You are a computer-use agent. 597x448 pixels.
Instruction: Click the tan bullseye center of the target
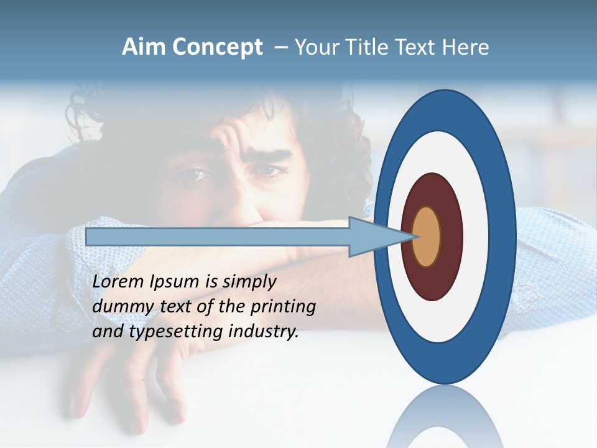[x=427, y=236]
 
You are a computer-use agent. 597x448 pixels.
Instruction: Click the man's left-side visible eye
[x=193, y=175]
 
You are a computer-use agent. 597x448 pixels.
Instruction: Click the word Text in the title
[x=419, y=47]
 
